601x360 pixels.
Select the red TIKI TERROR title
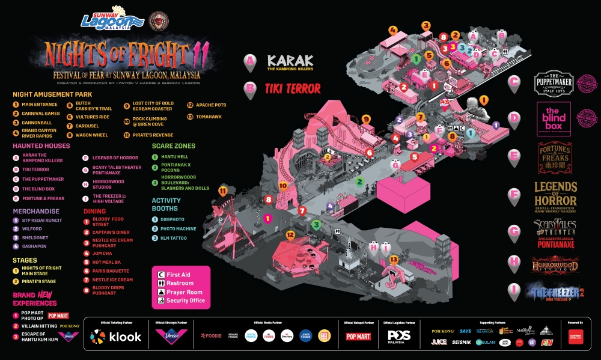click(292, 89)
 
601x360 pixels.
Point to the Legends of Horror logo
click(555, 197)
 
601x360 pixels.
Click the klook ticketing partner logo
click(116, 337)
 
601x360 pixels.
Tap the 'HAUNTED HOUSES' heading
click(41, 146)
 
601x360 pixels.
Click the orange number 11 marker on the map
click(223, 191)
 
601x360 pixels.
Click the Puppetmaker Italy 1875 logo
click(554, 84)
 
